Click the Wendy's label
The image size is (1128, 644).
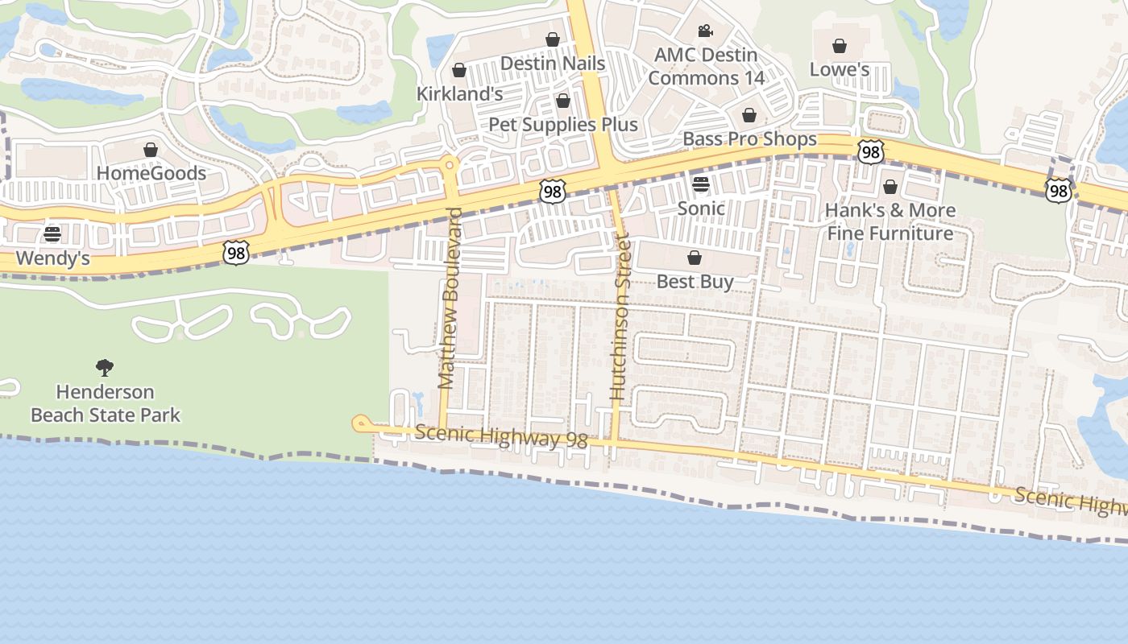click(52, 259)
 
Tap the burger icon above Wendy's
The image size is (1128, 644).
click(52, 234)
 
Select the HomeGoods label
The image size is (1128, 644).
click(151, 173)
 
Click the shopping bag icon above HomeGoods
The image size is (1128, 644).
click(151, 150)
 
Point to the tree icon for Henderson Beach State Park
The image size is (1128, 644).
click(105, 368)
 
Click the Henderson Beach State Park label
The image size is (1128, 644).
click(105, 404)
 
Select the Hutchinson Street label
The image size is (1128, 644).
click(619, 317)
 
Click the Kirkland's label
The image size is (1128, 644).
click(459, 94)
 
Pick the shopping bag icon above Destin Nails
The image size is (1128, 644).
click(553, 39)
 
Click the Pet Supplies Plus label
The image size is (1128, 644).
click(563, 125)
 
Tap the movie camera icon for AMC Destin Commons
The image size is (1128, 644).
click(706, 31)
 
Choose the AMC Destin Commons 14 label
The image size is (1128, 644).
click(706, 67)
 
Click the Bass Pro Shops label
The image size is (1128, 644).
click(749, 139)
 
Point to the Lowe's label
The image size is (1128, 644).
click(839, 69)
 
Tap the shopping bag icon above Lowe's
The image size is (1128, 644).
click(840, 46)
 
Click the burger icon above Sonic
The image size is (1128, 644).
click(701, 184)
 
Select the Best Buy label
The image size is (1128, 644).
click(695, 282)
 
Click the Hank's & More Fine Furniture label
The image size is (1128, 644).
click(890, 222)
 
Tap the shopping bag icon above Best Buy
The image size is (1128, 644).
click(695, 258)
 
